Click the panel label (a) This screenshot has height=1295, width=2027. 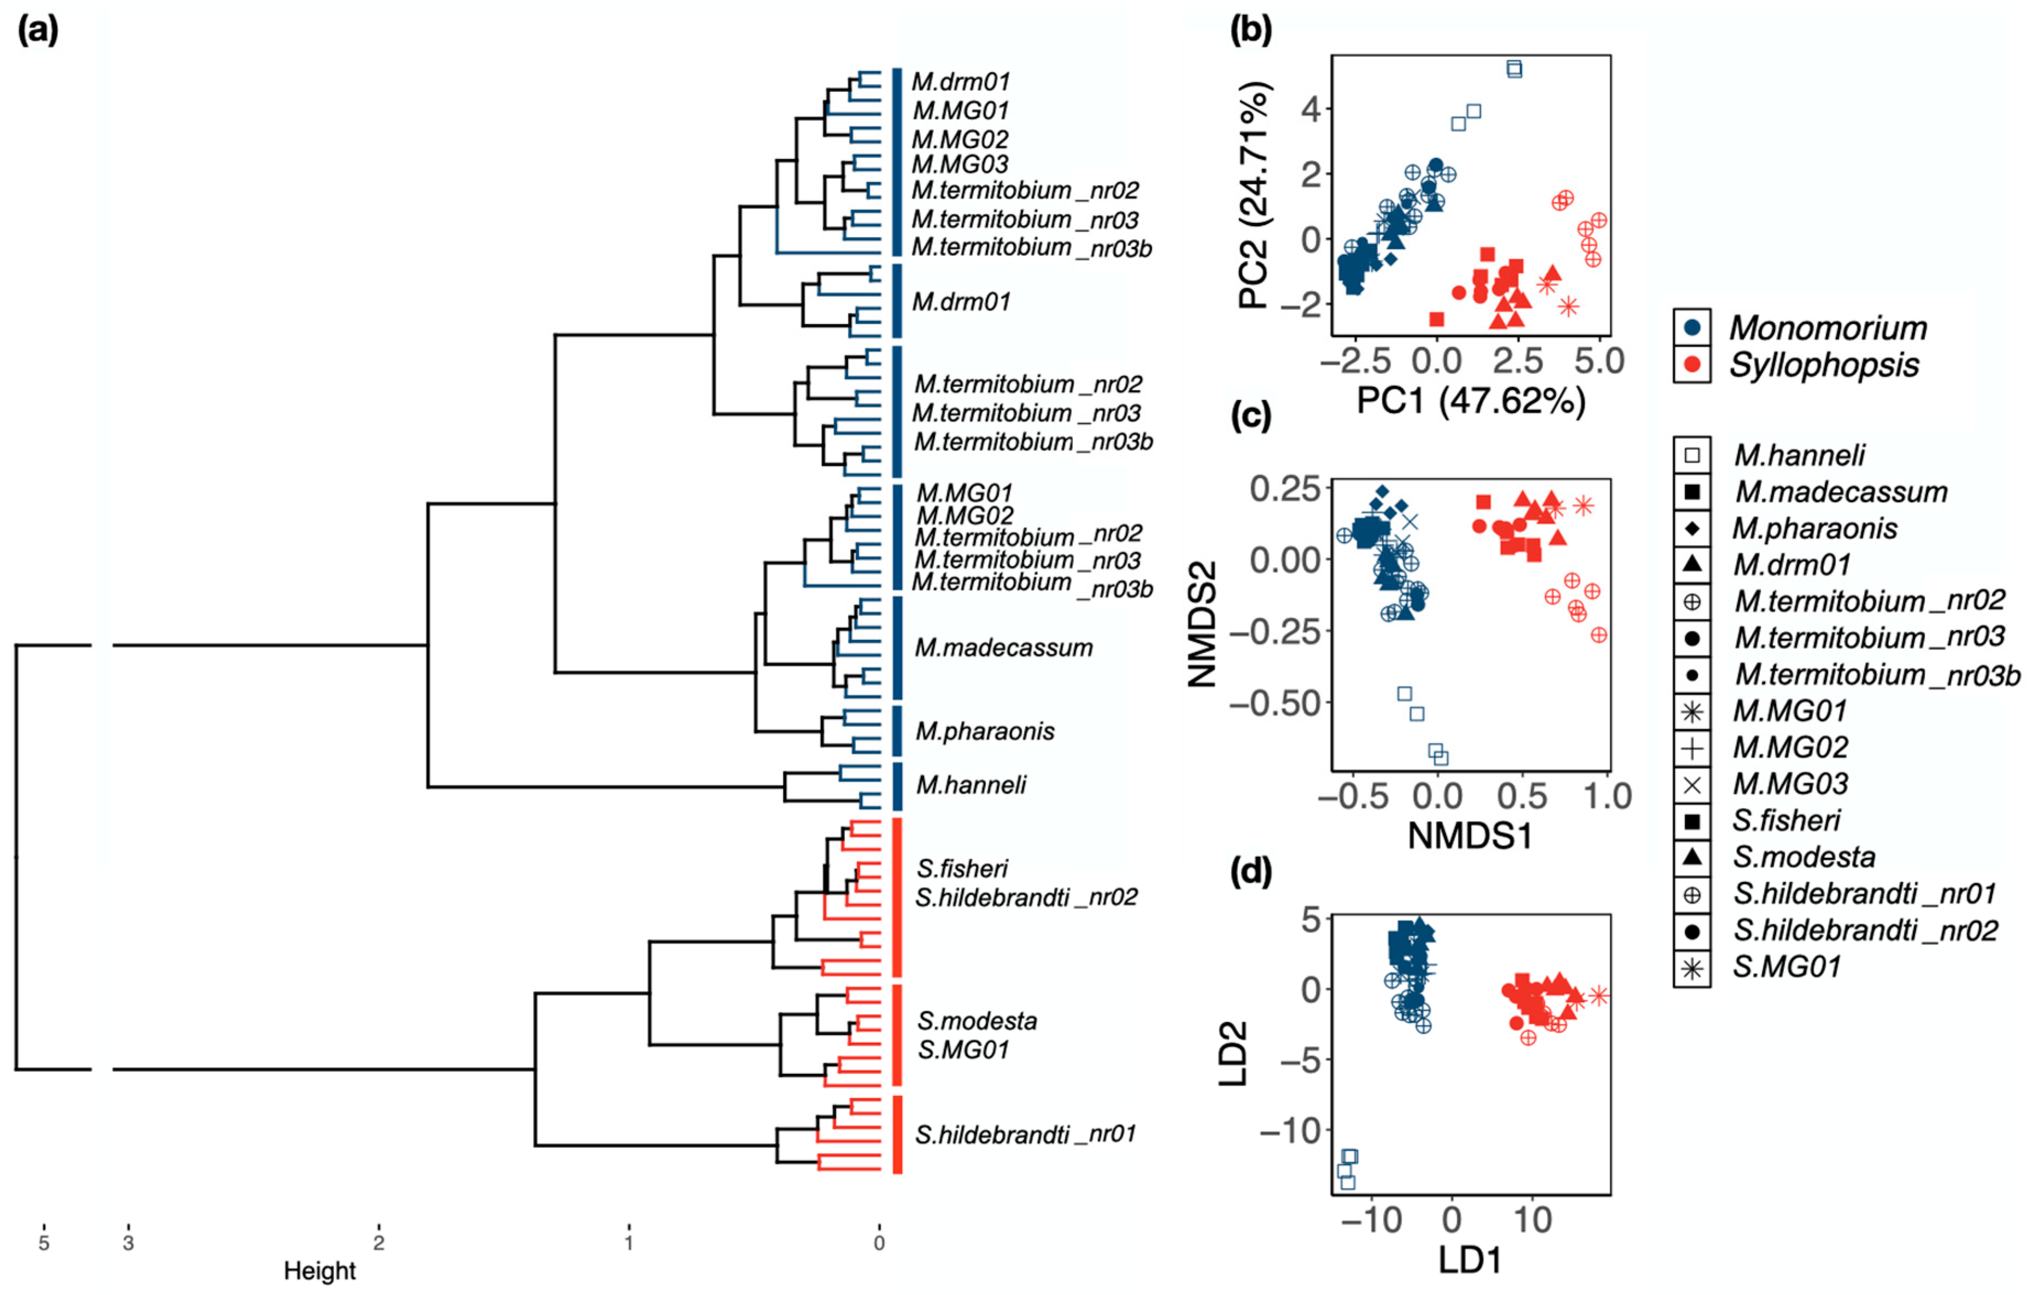pos(38,31)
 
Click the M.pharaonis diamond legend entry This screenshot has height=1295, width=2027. pos(1814,528)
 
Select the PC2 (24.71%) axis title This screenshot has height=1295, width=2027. pos(1254,195)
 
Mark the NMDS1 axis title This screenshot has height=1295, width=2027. pos(1470,835)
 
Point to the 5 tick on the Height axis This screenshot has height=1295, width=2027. pos(44,1242)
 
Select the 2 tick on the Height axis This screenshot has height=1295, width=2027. pos(379,1242)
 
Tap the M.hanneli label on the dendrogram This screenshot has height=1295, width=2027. pos(971,785)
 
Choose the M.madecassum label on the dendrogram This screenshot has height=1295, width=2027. pos(1004,647)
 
